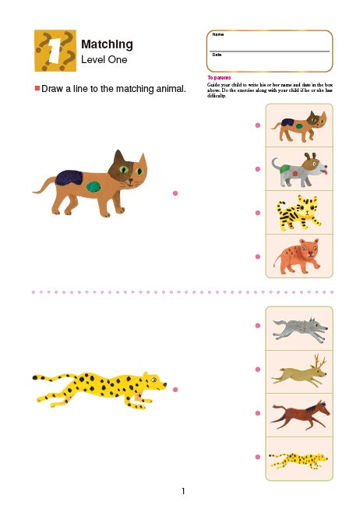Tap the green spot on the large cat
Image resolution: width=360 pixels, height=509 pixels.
pyautogui.click(x=94, y=186)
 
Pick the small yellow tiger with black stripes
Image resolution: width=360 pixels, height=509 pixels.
pyautogui.click(x=299, y=212)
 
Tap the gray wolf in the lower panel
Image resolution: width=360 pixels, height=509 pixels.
pyautogui.click(x=299, y=327)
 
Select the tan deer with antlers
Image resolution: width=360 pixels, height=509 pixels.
pyautogui.click(x=299, y=370)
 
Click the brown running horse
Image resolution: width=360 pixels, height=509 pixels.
pyautogui.click(x=299, y=413)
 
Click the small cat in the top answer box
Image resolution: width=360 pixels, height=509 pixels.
pyautogui.click(x=299, y=125)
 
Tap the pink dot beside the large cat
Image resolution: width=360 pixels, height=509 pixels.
pyautogui.click(x=175, y=193)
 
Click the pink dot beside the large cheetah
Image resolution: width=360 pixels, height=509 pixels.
pyautogui.click(x=175, y=389)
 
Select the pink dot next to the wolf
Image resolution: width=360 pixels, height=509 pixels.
pyautogui.click(x=257, y=324)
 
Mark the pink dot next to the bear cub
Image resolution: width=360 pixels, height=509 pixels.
pyautogui.click(x=257, y=256)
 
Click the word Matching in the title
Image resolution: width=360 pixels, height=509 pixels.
pyautogui.click(x=107, y=44)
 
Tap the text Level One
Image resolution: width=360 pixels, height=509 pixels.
pyautogui.click(x=104, y=60)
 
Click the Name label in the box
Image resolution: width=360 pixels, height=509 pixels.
pyautogui.click(x=217, y=35)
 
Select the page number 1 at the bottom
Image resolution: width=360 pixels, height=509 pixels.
pyautogui.click(x=182, y=491)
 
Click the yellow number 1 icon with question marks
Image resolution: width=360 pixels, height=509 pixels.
pyautogui.click(x=55, y=50)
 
